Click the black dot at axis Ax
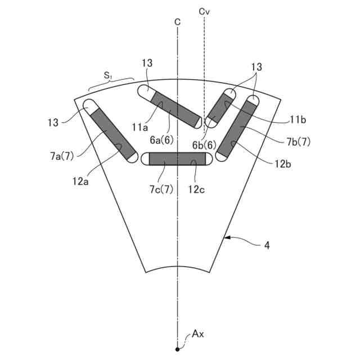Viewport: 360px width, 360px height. [177, 349]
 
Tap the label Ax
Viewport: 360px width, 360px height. [198, 334]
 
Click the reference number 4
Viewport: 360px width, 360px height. [267, 246]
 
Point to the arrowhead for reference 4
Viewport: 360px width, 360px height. [227, 238]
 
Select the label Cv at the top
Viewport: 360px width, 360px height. [204, 12]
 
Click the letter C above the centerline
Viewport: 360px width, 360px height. [178, 22]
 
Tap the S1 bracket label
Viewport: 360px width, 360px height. [107, 75]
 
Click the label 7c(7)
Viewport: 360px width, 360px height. [161, 190]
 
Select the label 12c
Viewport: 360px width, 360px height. [196, 190]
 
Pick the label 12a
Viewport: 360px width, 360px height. [80, 181]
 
